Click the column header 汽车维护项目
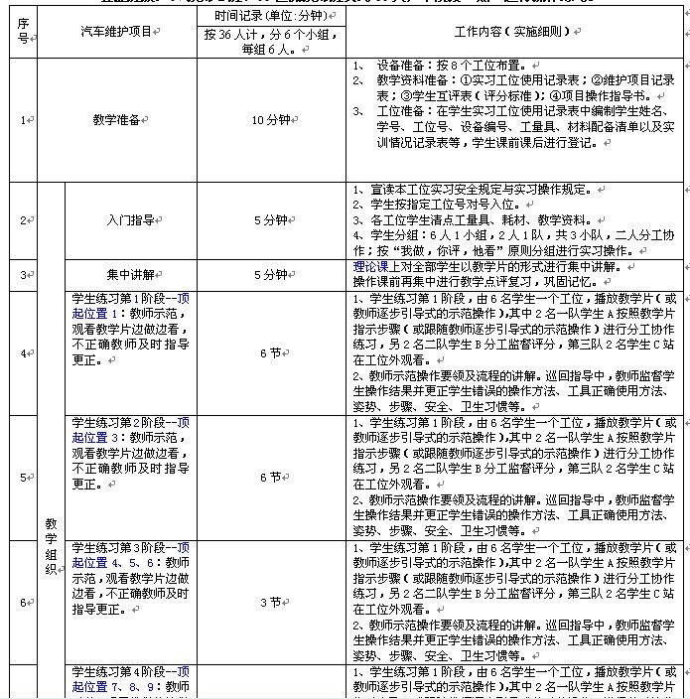point(116,33)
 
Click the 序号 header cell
point(22,33)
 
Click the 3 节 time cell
point(270,602)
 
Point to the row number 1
point(22,120)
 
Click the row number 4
point(22,351)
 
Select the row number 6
point(22,602)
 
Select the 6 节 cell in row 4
point(270,351)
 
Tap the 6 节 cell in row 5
point(270,477)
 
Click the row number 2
point(22,220)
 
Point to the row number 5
point(22,477)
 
